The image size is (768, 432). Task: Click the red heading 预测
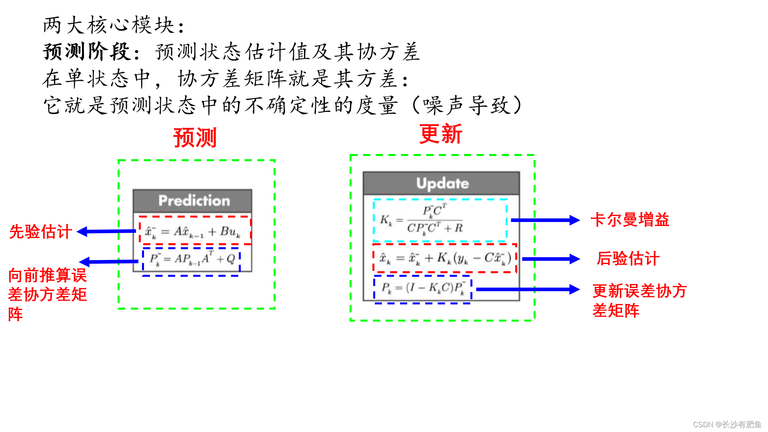[x=195, y=138]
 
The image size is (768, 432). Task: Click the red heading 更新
[x=440, y=134]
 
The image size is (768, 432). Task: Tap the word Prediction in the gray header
[x=194, y=200]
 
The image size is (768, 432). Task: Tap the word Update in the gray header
[x=442, y=183]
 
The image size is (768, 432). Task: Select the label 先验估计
[x=40, y=232]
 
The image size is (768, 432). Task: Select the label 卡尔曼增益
[x=630, y=220]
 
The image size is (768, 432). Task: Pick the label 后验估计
[x=628, y=258]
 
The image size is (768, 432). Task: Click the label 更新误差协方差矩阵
[x=639, y=300]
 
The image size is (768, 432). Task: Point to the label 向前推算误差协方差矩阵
[x=47, y=294]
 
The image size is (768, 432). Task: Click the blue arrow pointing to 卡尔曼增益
[x=545, y=220]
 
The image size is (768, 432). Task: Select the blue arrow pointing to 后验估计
[x=550, y=259]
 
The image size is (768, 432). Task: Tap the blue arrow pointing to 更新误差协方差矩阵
[x=527, y=289]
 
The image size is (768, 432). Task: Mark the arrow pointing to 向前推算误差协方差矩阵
[x=109, y=262]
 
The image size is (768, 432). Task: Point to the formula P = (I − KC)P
[x=423, y=288]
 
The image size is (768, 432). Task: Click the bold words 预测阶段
[x=87, y=52]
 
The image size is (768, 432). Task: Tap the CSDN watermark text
[x=727, y=424]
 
